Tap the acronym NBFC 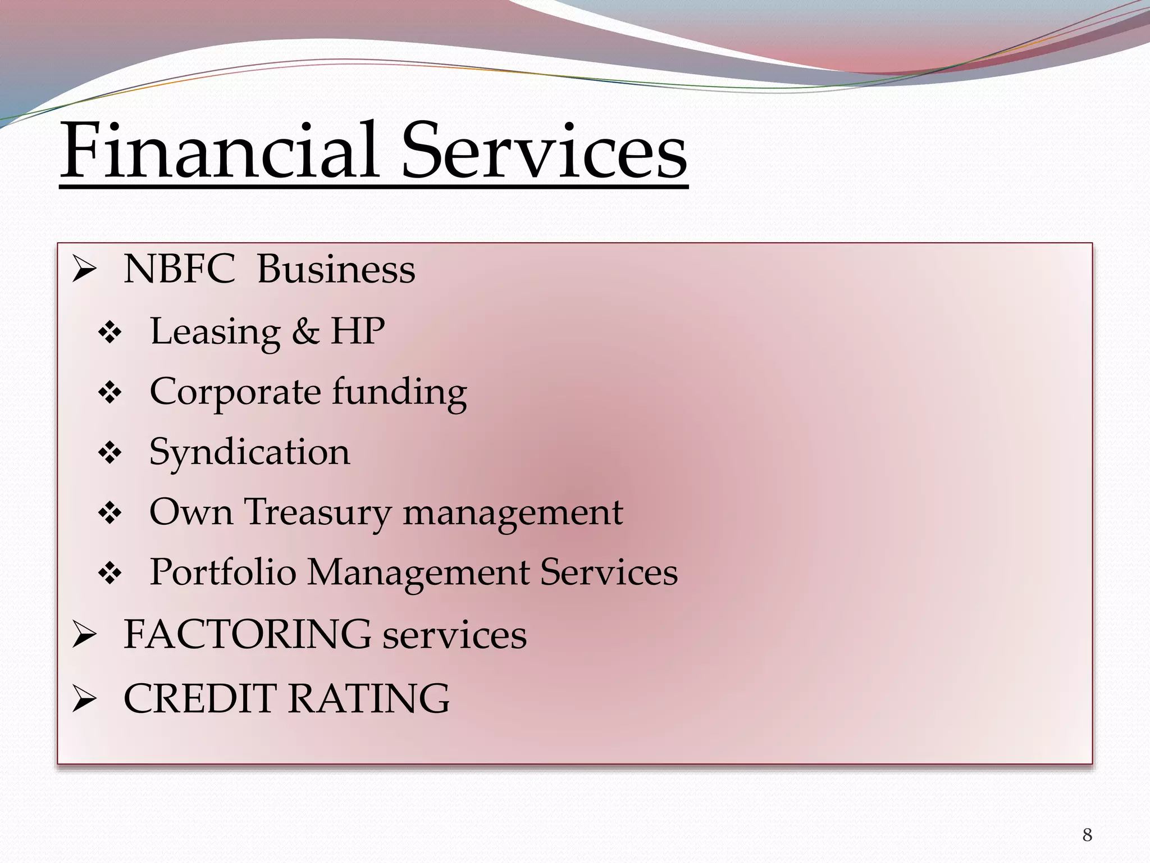point(179,269)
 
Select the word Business point(336,269)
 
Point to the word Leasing point(215,332)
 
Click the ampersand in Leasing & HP point(305,331)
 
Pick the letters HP point(358,331)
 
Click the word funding point(399,392)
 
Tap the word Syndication point(249,452)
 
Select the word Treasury point(318,512)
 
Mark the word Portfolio point(222,573)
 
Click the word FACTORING point(247,634)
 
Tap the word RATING point(369,699)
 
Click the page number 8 point(1087,835)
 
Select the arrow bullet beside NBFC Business point(85,271)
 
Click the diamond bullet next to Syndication point(109,453)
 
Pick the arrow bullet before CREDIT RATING point(85,701)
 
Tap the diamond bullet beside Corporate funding point(109,393)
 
